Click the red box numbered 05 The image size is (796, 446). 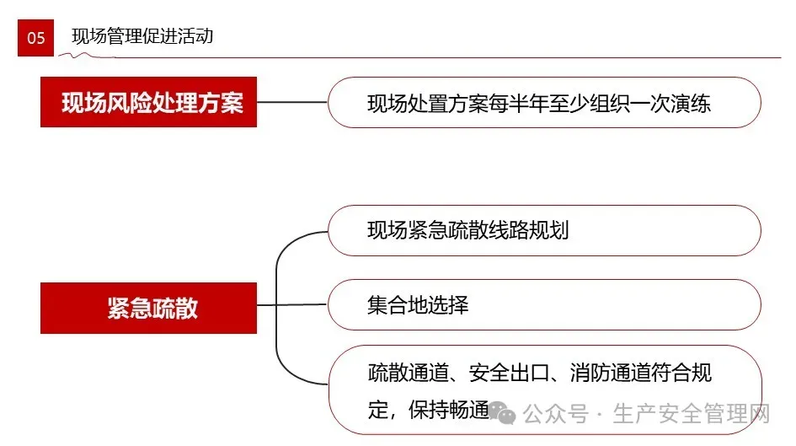pyautogui.click(x=36, y=37)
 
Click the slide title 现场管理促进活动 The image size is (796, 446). pyautogui.click(x=142, y=36)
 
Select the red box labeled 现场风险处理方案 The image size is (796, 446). pyautogui.click(x=148, y=102)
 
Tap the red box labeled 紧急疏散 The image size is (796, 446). pyautogui.click(x=148, y=308)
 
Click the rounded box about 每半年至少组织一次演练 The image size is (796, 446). pyautogui.click(x=543, y=103)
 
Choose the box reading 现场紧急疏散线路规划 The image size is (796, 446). pyautogui.click(x=543, y=230)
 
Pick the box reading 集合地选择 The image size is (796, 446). pyautogui.click(x=543, y=304)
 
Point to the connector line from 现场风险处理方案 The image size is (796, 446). pyautogui.click(x=291, y=102)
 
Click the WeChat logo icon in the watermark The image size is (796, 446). pyautogui.click(x=505, y=413)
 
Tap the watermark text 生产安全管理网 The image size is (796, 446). pyautogui.click(x=692, y=414)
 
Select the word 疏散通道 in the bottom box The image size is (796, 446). pyautogui.click(x=402, y=373)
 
